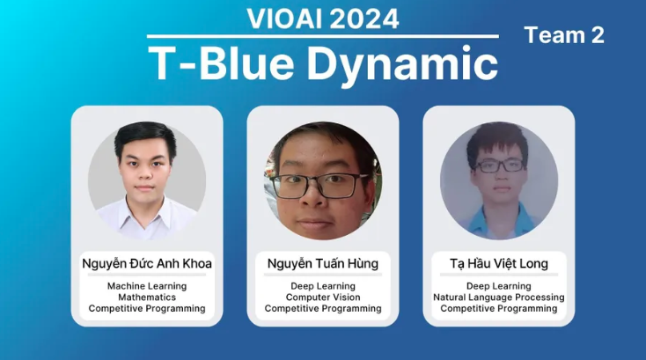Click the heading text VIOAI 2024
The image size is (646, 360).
323,18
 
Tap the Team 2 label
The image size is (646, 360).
564,35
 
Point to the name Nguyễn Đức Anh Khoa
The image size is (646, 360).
147,263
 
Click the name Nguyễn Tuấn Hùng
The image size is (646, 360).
323,263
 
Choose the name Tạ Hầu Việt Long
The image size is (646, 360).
499,263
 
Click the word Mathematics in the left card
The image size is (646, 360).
147,297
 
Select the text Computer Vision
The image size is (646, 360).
323,298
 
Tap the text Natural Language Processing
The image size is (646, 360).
499,298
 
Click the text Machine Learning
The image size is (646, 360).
147,286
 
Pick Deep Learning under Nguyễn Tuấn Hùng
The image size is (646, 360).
323,286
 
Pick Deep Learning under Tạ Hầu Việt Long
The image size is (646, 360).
499,286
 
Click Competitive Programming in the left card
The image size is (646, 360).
147,309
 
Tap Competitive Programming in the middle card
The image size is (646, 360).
323,309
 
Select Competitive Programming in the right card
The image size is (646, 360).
499,309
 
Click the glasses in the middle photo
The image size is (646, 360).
319,186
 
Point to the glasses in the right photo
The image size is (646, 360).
500,165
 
